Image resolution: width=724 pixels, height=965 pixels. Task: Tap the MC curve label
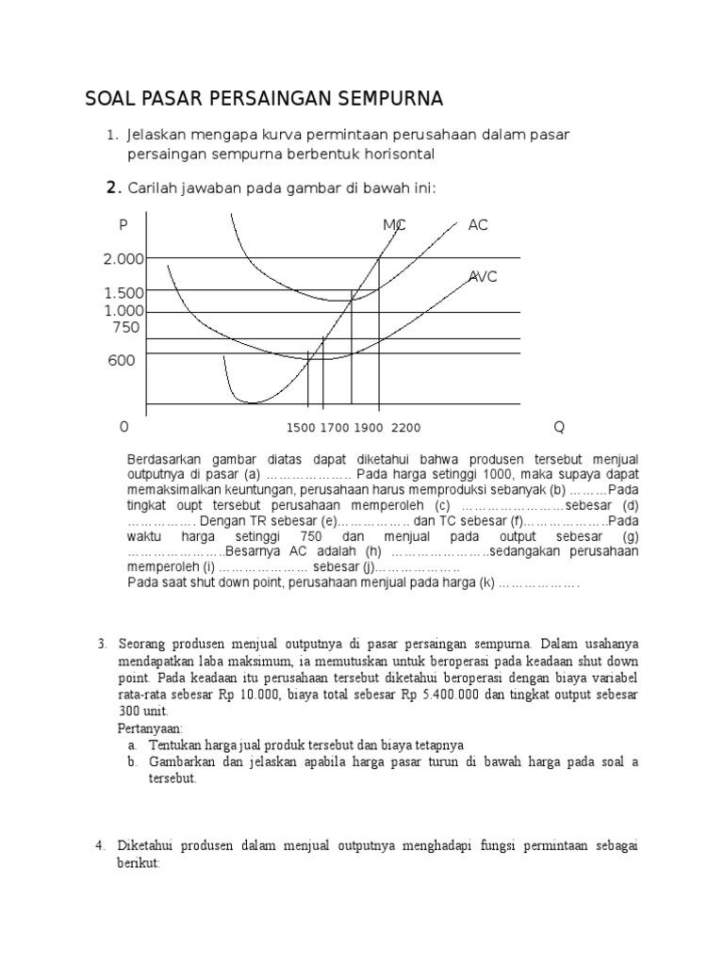[x=394, y=225]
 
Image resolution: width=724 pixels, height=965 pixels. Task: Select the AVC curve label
[x=483, y=276]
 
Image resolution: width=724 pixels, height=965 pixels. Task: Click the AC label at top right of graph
[x=478, y=225]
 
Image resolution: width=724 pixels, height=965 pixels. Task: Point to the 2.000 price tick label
[x=123, y=258]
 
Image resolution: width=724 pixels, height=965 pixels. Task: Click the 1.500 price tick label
[x=123, y=293]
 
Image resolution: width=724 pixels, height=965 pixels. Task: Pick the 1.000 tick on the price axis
[x=123, y=311]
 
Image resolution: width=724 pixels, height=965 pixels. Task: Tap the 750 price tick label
[x=125, y=328]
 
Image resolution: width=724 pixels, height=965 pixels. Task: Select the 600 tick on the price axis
[x=122, y=360]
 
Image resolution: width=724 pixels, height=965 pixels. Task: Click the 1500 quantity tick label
[x=300, y=428]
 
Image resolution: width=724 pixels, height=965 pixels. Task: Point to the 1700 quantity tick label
[x=334, y=428]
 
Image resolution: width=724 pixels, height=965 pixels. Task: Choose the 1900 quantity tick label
[x=369, y=428]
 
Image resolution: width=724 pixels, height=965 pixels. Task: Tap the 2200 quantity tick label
[x=405, y=428]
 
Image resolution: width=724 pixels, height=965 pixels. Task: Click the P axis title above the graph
[x=123, y=225]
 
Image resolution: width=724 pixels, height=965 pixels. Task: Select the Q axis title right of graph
[x=559, y=427]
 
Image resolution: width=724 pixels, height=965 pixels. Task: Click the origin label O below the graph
[x=123, y=427]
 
